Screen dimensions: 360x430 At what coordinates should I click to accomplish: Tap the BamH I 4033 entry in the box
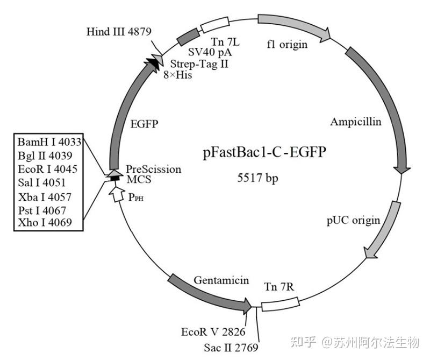(x=49, y=142)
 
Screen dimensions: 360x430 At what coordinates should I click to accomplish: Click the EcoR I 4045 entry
(x=47, y=169)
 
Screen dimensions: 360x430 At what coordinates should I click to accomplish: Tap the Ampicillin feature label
(x=355, y=122)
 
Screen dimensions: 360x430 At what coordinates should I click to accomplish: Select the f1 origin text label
(x=287, y=45)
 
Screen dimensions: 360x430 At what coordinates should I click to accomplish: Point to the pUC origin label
(x=353, y=220)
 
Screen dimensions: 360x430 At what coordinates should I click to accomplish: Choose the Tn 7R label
(x=279, y=286)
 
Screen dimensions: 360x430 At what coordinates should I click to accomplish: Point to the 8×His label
(x=178, y=75)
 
